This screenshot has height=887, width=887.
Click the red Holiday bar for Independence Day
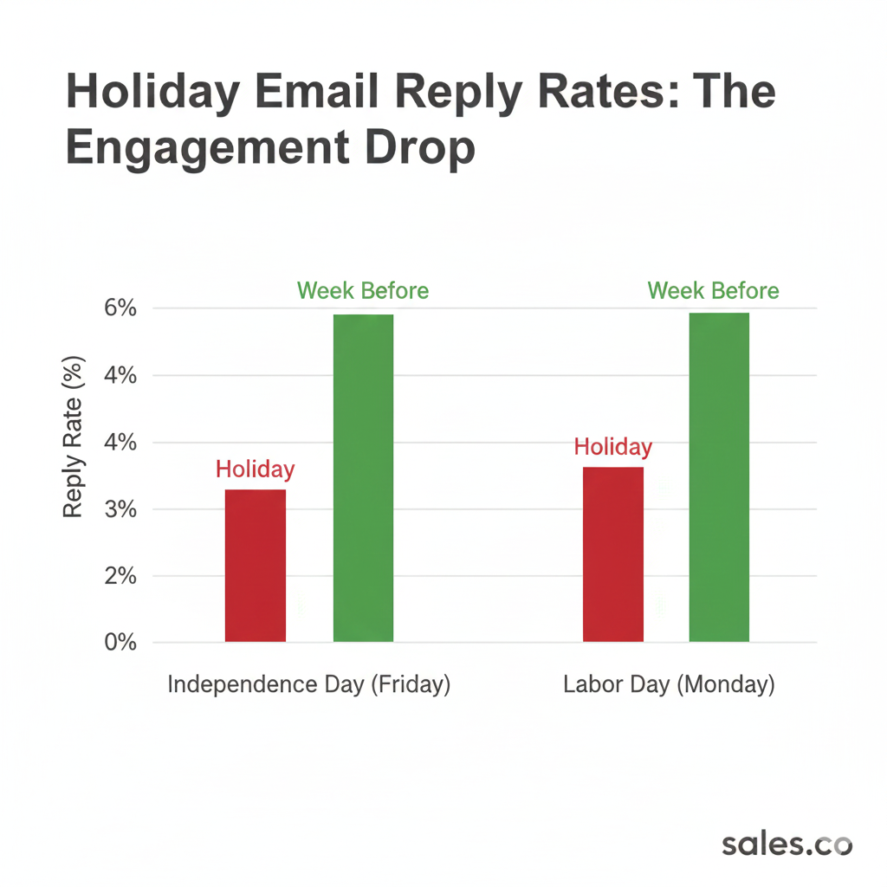[x=255, y=566]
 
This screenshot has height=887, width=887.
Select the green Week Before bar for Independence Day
[x=363, y=478]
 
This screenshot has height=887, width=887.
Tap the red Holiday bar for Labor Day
[x=612, y=554]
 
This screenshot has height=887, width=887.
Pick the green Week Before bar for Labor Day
[x=719, y=477]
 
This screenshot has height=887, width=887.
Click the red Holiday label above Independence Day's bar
[x=255, y=469]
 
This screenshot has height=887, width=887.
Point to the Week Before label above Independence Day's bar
[x=363, y=290]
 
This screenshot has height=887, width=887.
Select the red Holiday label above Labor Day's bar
[x=612, y=447]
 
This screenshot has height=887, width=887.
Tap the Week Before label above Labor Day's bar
[x=713, y=290]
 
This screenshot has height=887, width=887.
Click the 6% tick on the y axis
[x=120, y=309]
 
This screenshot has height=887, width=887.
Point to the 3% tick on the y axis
[x=120, y=509]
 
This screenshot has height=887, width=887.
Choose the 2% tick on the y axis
[x=120, y=576]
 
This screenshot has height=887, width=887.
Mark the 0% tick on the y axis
[x=120, y=643]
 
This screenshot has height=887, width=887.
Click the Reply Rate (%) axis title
[x=74, y=437]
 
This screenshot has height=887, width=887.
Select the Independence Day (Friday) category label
[x=309, y=684]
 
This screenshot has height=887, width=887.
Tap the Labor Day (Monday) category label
[x=669, y=684]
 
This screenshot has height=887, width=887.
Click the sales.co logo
[x=787, y=845]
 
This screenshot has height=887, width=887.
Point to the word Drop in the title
[x=424, y=147]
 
